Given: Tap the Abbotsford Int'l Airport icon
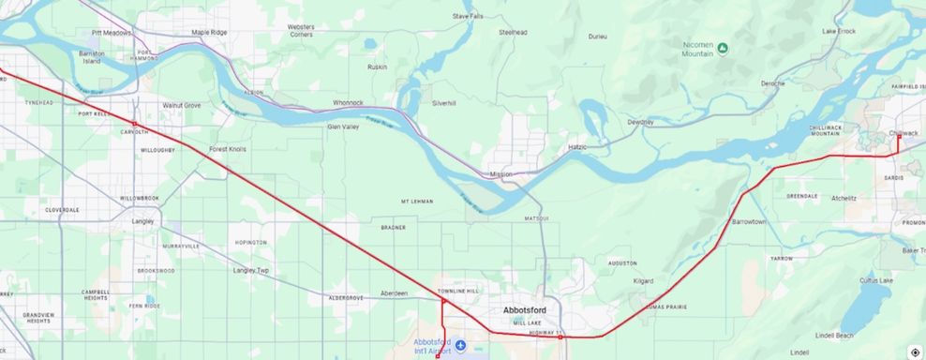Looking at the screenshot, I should pos(460,346).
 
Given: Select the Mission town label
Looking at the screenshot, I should pos(500,174).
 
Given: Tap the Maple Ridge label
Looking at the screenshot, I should pos(209,32).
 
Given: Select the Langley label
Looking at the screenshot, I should pos(142,221).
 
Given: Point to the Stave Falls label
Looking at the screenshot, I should pos(468,16).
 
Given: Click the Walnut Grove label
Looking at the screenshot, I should pos(181,105).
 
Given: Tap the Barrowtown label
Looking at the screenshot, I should pos(749,221).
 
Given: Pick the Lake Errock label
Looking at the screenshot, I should pos(839,31).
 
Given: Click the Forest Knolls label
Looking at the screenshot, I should pos(228,148).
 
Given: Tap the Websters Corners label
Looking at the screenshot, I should pos(301,30).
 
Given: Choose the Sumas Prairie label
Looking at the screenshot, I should pos(666,307).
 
